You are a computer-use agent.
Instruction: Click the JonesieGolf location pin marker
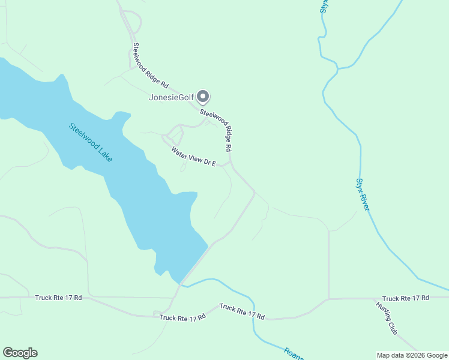(x=203, y=96)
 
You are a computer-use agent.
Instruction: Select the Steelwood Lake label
(x=91, y=142)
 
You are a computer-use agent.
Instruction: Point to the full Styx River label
(x=363, y=194)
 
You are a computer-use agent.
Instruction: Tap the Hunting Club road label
(x=387, y=317)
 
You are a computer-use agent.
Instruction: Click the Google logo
(x=20, y=353)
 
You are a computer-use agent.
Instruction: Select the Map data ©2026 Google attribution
(x=412, y=355)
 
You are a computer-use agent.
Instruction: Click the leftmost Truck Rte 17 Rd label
(x=58, y=297)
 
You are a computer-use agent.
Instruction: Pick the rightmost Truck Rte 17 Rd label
(x=405, y=298)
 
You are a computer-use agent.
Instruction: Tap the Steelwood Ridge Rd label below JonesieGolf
(x=216, y=129)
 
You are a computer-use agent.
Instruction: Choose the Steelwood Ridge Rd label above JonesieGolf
(x=149, y=67)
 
